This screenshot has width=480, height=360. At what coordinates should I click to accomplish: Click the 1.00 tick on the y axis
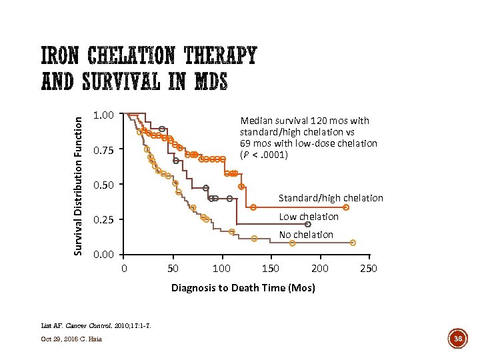tap(104, 115)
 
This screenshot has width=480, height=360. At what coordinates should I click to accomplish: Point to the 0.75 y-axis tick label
tap(104, 151)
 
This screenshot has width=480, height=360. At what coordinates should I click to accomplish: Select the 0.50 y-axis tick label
tap(104, 185)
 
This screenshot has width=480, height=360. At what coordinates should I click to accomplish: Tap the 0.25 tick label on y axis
tap(104, 220)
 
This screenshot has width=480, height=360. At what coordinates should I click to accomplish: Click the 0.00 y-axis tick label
tap(104, 255)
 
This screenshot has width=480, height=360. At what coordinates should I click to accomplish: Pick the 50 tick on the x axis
tap(173, 269)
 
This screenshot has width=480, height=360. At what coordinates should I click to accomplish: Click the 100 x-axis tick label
tap(221, 269)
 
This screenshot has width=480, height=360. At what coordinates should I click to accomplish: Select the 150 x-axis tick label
tap(271, 269)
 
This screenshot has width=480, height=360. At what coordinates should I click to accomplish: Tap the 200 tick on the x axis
tap(319, 269)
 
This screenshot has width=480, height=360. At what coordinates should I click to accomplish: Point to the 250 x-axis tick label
tap(368, 269)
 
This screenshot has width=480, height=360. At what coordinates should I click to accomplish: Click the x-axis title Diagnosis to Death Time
tap(243, 288)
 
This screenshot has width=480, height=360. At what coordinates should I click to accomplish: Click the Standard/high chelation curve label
tap(331, 198)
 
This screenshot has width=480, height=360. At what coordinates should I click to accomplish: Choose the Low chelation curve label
tap(308, 217)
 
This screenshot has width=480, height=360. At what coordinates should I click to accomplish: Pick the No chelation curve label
tap(306, 235)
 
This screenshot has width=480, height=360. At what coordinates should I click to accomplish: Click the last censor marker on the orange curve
tap(346, 207)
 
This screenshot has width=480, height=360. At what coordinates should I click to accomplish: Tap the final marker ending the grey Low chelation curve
tap(307, 224)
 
